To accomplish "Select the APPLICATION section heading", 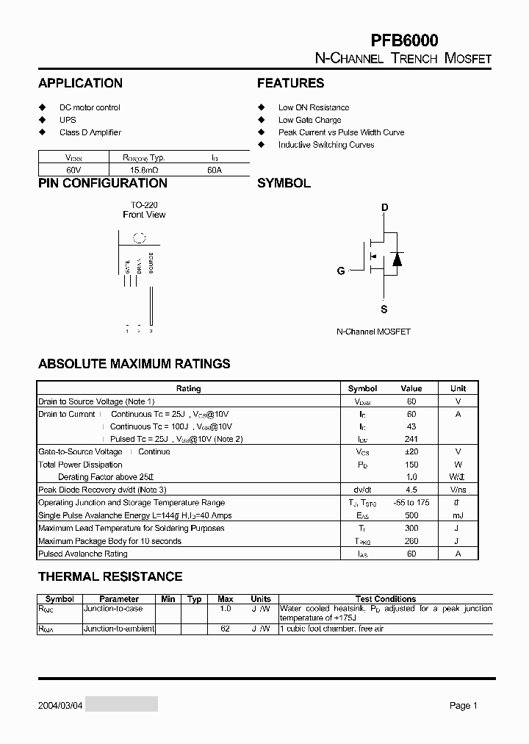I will click(x=80, y=83).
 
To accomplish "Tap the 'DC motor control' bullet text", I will click(x=90, y=107).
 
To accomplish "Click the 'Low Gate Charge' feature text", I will click(x=309, y=120).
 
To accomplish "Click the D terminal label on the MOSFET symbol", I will click(x=384, y=208).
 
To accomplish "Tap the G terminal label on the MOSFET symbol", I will click(x=341, y=271).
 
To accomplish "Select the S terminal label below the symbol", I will click(x=384, y=310).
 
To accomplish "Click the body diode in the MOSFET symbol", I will click(x=397, y=259).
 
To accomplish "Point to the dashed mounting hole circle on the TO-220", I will click(x=138, y=237).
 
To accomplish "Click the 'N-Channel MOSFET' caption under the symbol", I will click(x=373, y=332).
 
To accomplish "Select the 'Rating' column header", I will click(x=188, y=388).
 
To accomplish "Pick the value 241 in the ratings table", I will click(x=411, y=439).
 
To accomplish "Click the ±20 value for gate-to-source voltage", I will click(x=411, y=451).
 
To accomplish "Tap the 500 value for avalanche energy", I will click(x=411, y=515).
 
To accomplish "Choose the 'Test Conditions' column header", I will click(x=385, y=599).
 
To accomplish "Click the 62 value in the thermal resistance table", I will click(x=226, y=629).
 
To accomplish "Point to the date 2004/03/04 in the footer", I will click(x=61, y=705).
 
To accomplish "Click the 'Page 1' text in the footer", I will click(x=463, y=705).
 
